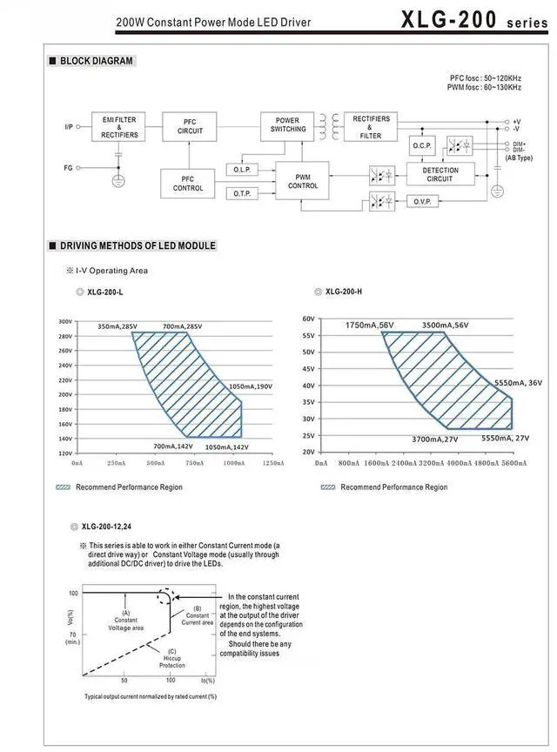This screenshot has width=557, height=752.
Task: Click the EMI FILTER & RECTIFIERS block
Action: coord(119,127)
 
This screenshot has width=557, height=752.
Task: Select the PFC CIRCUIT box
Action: coord(191,127)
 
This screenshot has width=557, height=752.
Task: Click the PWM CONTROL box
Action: coord(303,180)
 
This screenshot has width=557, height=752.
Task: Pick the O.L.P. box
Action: coord(242,169)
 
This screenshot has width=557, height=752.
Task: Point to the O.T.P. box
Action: coord(242,193)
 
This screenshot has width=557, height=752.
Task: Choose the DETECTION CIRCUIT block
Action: coord(440,175)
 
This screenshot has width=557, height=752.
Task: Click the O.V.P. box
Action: coord(422,201)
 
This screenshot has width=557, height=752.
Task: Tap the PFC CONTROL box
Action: coord(188,184)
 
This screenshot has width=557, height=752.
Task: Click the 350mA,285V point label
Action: coord(117,326)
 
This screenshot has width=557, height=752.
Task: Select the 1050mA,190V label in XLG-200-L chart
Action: coord(251,386)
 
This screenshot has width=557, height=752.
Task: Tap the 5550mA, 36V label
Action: coord(518,383)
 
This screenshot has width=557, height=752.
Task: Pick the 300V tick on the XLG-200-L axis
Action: coord(64,321)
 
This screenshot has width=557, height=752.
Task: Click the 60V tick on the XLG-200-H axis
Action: coord(308,319)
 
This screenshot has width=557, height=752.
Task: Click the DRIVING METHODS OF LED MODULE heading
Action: coord(138,246)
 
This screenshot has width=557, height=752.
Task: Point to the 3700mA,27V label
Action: coord(435,440)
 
